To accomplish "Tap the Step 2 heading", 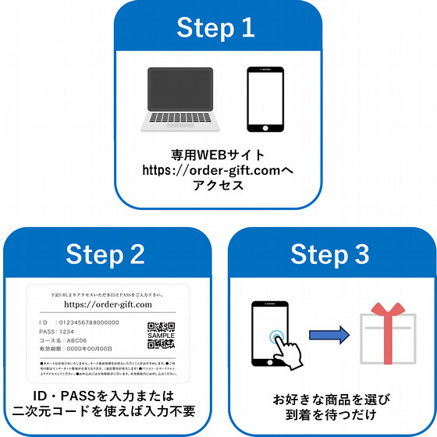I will (105, 254).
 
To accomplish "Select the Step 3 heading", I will (330, 254).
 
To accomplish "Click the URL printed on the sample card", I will (107, 304).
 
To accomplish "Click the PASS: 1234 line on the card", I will (59, 331).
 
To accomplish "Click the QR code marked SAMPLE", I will (160, 334).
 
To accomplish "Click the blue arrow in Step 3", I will (327, 335).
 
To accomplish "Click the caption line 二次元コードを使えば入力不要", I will (105, 412).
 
